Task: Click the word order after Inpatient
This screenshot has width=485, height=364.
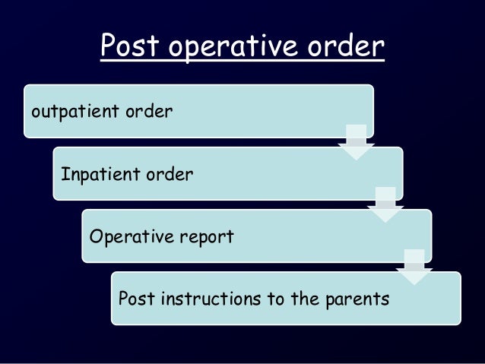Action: pos(170,175)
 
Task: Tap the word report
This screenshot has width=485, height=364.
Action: pos(207,237)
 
